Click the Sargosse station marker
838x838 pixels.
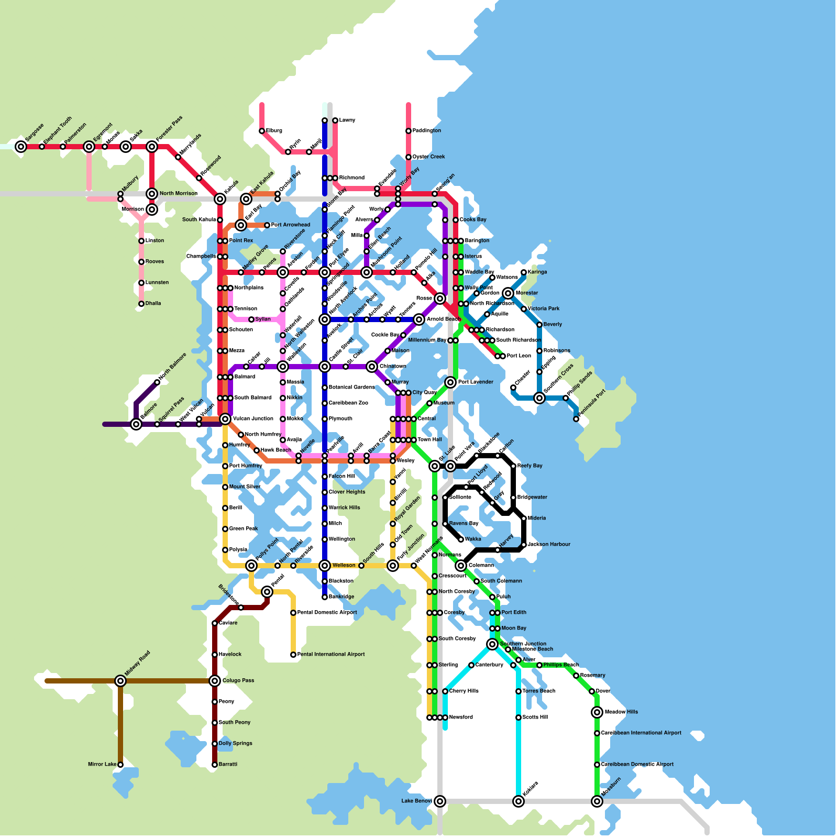(x=21, y=147)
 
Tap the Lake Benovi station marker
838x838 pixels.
(x=440, y=801)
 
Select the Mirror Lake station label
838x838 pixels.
(x=102, y=765)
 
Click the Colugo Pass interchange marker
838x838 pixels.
(x=215, y=681)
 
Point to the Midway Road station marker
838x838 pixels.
(x=120, y=681)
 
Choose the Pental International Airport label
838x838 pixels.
(x=331, y=655)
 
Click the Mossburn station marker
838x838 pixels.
(x=597, y=801)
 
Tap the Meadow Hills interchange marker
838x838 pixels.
(x=597, y=712)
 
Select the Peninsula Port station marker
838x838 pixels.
(x=576, y=419)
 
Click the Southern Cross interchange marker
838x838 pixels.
(x=539, y=398)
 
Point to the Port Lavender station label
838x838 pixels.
(x=476, y=382)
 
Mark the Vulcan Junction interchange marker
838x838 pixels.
(x=225, y=419)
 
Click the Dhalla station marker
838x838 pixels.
(x=141, y=304)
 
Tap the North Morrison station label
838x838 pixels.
(x=179, y=194)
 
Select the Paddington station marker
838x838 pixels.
(x=409, y=131)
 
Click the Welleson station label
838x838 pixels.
(x=344, y=566)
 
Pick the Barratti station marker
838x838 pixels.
(x=215, y=765)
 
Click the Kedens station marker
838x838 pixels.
(x=519, y=801)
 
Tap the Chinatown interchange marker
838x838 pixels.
(x=372, y=367)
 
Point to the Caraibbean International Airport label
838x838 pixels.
(x=641, y=733)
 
